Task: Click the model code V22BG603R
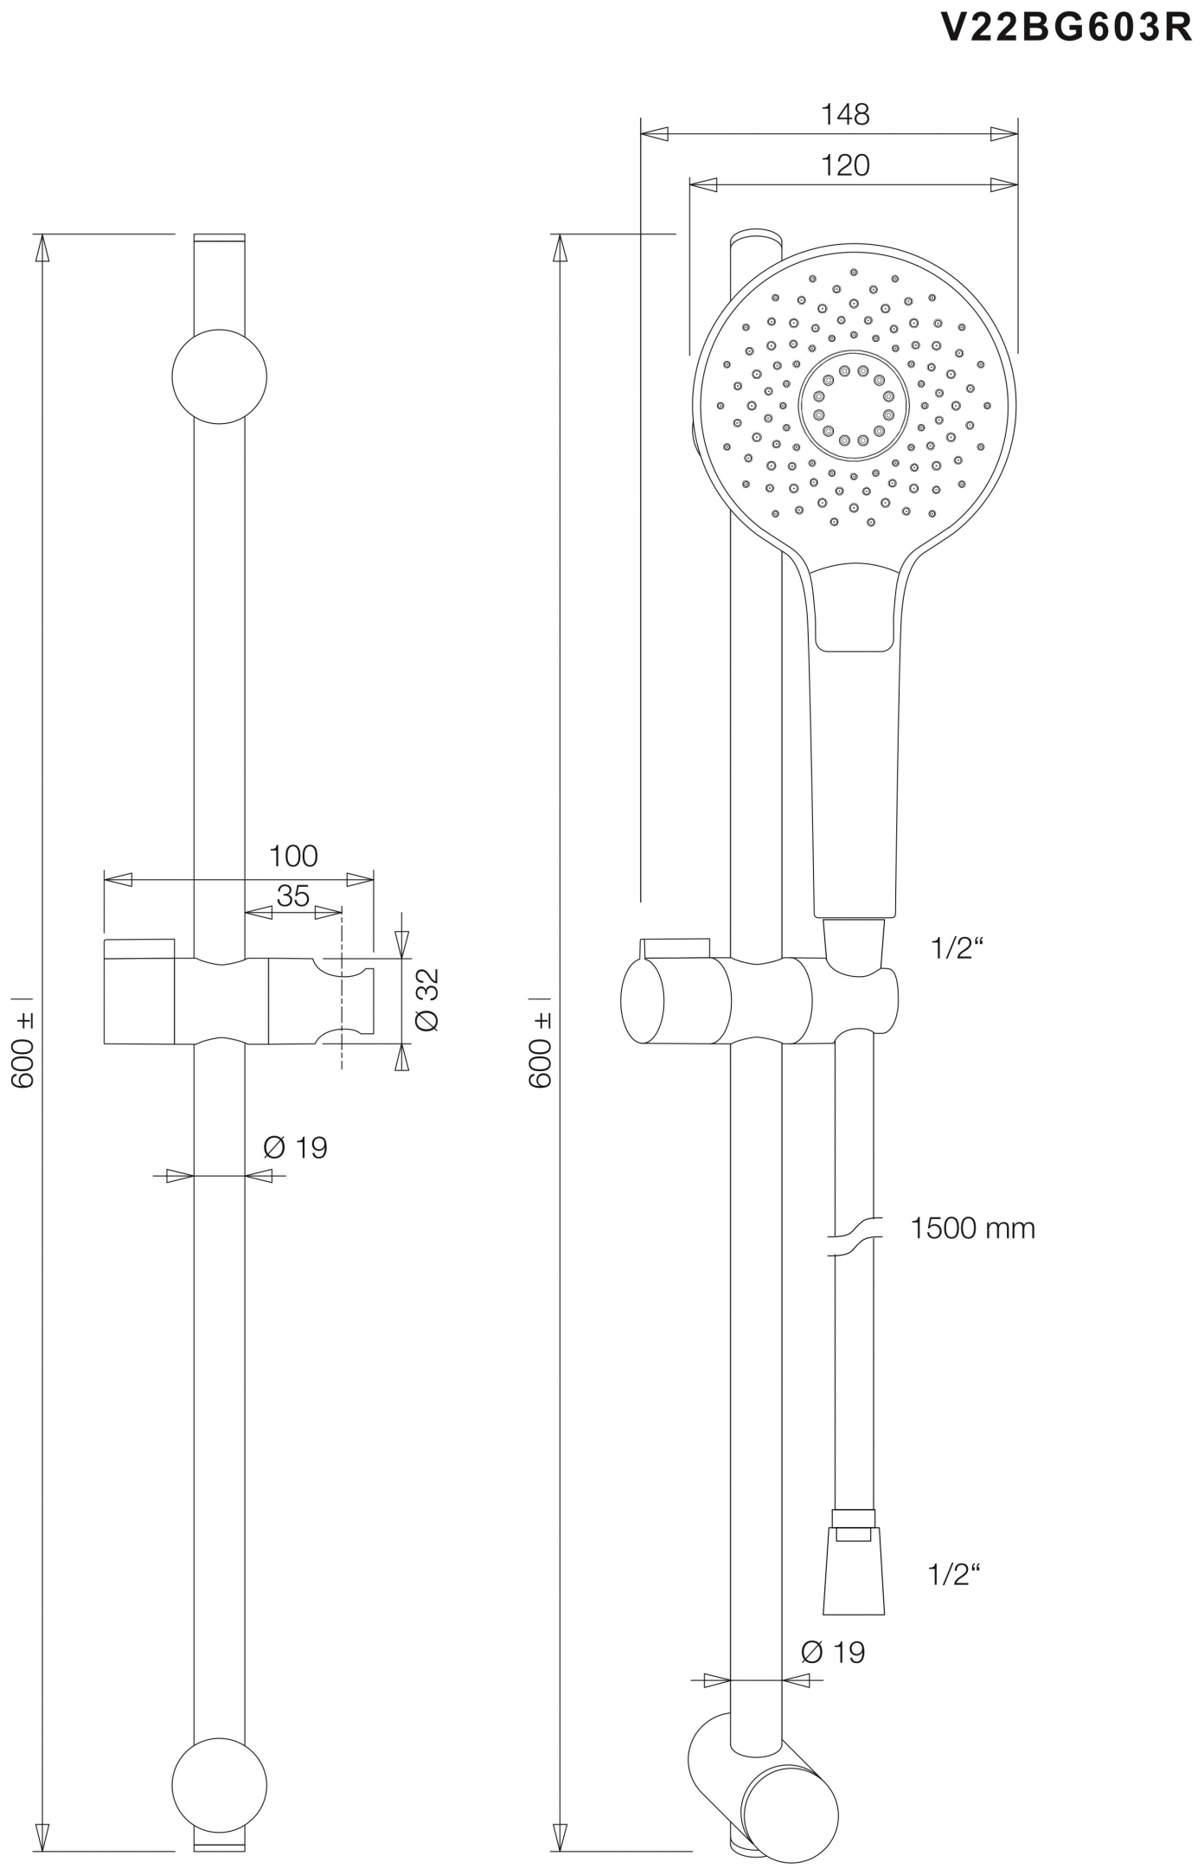pyautogui.click(x=1066, y=28)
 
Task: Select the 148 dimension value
pyautogui.click(x=844, y=114)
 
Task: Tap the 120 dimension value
pyautogui.click(x=844, y=165)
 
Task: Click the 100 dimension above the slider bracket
pyautogui.click(x=293, y=856)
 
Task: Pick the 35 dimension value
pyautogui.click(x=293, y=896)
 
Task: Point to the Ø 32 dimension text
pyautogui.click(x=428, y=999)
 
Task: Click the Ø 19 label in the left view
pyautogui.click(x=295, y=1148)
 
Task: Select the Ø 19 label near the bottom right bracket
pyautogui.click(x=832, y=1652)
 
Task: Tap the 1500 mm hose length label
pyautogui.click(x=972, y=1228)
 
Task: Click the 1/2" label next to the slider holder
pyautogui.click(x=957, y=949)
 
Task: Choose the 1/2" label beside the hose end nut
pyautogui.click(x=955, y=1574)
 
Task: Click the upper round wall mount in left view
pyautogui.click(x=219, y=376)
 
